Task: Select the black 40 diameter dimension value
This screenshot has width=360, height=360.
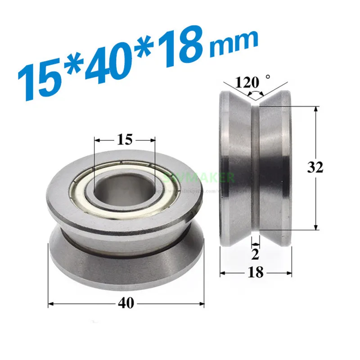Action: [126, 304]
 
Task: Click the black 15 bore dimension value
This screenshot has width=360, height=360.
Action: [124, 139]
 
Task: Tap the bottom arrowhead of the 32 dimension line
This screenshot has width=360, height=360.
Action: [317, 228]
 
